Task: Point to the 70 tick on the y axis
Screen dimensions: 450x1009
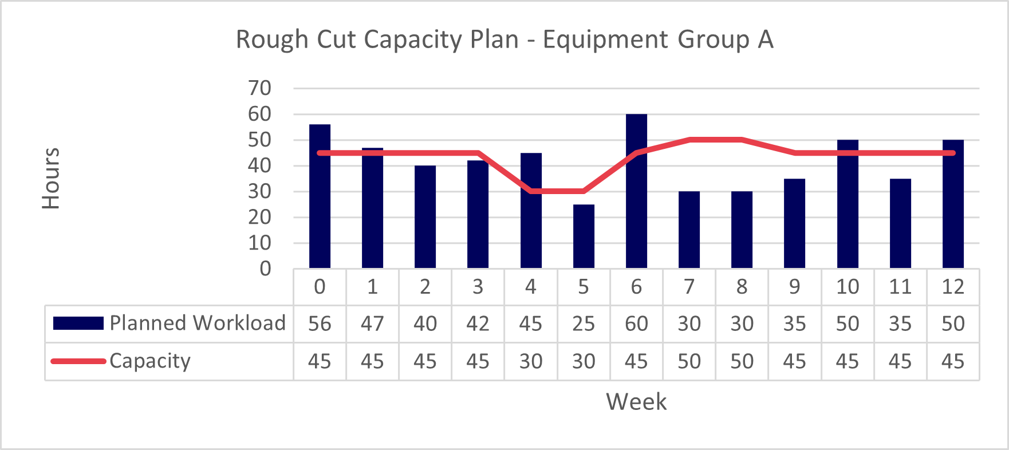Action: click(x=259, y=88)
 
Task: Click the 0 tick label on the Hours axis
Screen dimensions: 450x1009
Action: click(x=265, y=269)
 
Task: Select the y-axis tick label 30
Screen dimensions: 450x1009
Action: click(x=259, y=191)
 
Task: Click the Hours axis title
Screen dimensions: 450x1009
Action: click(x=51, y=179)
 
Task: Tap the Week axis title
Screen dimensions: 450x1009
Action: click(x=636, y=402)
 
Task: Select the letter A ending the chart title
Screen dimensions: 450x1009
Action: click(x=766, y=40)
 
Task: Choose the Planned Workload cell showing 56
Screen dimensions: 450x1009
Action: click(x=320, y=324)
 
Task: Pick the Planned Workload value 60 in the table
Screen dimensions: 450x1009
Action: click(x=636, y=324)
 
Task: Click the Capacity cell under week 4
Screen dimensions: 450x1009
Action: click(x=531, y=362)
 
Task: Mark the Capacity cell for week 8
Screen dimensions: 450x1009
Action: click(x=742, y=362)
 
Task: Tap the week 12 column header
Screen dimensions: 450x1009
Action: click(x=953, y=287)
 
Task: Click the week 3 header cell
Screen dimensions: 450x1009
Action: click(x=478, y=287)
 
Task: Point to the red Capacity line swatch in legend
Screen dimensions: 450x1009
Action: click(x=78, y=361)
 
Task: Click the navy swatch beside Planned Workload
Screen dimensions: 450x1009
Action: click(x=78, y=323)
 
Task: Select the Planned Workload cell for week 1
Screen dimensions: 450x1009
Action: click(x=372, y=324)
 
